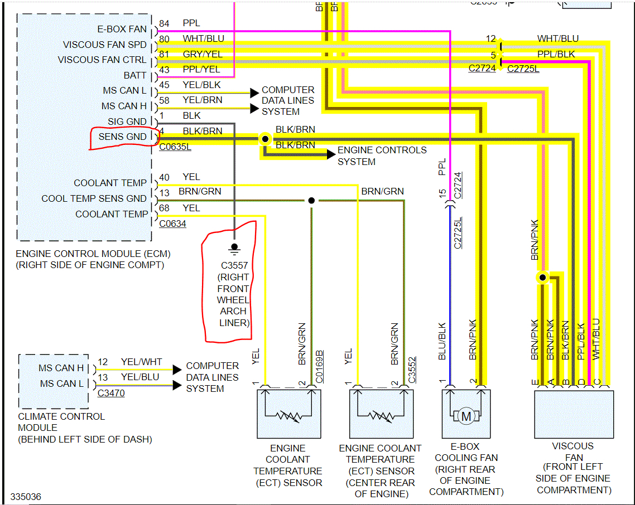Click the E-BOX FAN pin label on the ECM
[x=122, y=29]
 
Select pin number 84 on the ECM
[x=164, y=23]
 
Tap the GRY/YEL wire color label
[x=202, y=54]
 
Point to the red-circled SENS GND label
[x=123, y=137]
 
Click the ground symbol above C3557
[x=234, y=247]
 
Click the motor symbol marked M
[x=466, y=415]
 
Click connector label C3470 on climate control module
[x=111, y=394]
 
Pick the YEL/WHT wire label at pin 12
[x=141, y=362]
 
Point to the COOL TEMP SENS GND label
[x=94, y=198]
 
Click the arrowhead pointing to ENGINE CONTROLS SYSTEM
[x=331, y=154]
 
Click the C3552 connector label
[x=412, y=369]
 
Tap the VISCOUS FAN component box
[x=574, y=415]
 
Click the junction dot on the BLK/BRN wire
[x=265, y=139]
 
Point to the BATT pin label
[x=135, y=75]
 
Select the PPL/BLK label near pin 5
[x=556, y=55]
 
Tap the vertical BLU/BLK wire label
[x=442, y=341]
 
